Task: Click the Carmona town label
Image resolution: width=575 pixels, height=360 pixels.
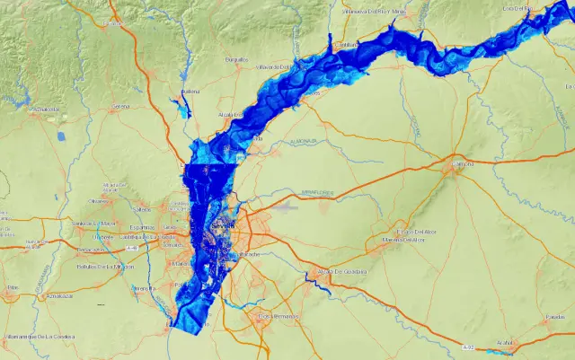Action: pyautogui.click(x=463, y=165)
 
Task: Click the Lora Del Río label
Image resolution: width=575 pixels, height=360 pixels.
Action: pyautogui.click(x=518, y=8)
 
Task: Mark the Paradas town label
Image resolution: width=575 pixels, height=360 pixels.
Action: pyautogui.click(x=554, y=317)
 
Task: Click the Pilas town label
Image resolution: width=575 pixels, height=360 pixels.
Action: pyautogui.click(x=12, y=288)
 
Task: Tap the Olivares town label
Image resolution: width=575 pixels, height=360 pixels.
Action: pyautogui.click(x=99, y=201)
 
